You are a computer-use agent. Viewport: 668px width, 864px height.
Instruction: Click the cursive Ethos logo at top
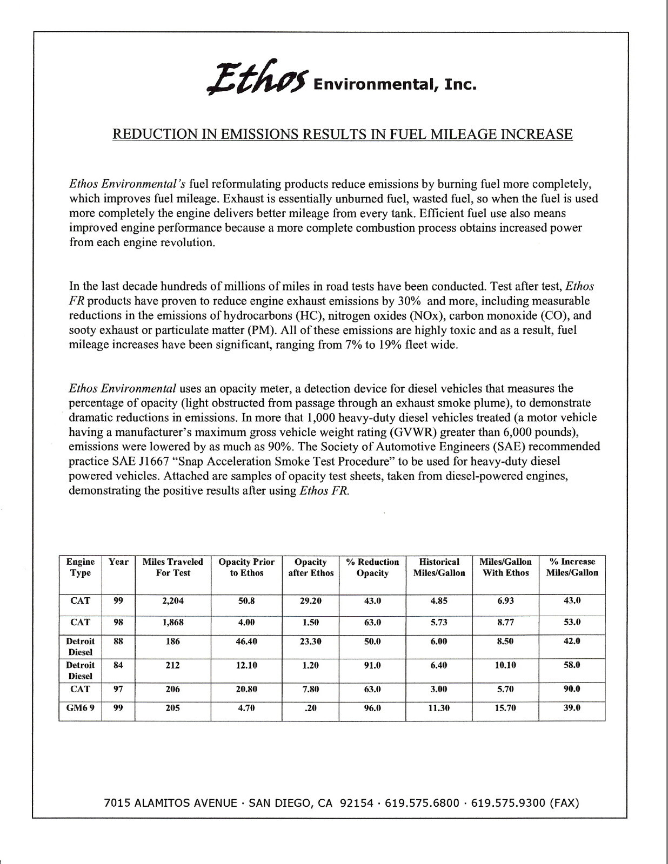257,78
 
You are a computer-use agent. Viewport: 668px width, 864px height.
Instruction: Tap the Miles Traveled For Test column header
173,568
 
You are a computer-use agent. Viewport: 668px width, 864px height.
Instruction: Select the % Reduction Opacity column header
372,568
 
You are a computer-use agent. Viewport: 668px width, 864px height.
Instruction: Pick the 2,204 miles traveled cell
173,600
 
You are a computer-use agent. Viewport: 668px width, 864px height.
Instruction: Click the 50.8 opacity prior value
246,600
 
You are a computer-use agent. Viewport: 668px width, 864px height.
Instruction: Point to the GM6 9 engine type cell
80,708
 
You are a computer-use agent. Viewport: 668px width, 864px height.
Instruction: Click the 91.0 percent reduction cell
372,665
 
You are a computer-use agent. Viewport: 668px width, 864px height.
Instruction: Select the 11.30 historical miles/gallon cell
439,708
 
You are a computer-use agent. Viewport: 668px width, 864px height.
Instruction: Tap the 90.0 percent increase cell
572,689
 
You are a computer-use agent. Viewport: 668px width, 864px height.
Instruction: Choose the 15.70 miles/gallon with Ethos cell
505,708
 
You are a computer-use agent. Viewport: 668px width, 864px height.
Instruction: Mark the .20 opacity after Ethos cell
311,708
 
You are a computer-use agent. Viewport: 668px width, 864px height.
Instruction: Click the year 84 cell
118,665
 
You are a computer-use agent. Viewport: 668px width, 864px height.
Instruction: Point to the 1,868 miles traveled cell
173,622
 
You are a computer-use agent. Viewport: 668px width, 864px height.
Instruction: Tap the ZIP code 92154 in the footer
356,803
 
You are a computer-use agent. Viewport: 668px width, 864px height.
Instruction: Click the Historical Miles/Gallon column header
439,568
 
